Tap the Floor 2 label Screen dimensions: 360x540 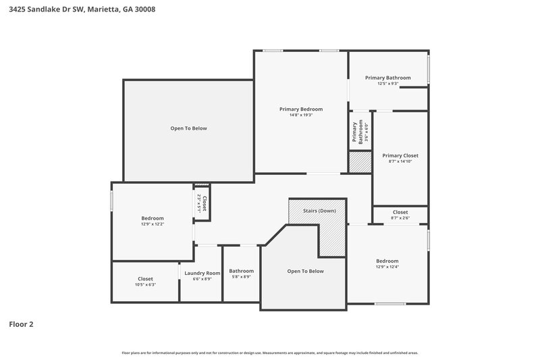(21, 324)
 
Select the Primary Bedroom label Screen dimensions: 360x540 (301, 109)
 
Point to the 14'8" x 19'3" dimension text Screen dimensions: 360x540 (301, 115)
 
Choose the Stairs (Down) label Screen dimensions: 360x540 (319, 211)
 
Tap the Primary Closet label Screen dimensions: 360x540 (400, 155)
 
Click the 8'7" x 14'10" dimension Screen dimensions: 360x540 (400, 161)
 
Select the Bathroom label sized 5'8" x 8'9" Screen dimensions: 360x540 (241, 270)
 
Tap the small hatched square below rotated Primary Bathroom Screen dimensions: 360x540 (359, 162)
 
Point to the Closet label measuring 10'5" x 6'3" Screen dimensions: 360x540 (145, 278)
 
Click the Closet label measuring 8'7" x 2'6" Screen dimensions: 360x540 (400, 212)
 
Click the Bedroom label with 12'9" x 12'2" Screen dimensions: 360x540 (152, 218)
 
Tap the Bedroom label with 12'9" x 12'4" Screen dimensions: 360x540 (387, 261)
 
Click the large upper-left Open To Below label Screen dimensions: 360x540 (188, 128)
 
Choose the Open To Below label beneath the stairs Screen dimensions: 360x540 (305, 271)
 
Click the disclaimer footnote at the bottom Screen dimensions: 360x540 (270, 353)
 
